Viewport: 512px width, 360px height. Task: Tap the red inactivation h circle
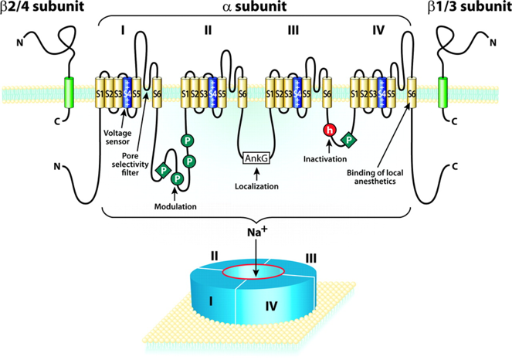pyautogui.click(x=330, y=131)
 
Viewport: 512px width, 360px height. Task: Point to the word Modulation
pyautogui.click(x=175, y=206)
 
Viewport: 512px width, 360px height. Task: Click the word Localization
pyautogui.click(x=256, y=187)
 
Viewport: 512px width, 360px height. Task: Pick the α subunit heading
pyautogui.click(x=255, y=9)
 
